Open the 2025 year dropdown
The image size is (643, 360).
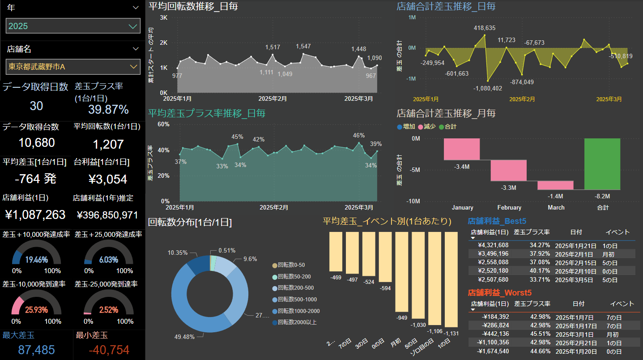coord(73,26)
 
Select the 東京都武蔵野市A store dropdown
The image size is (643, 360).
coord(73,67)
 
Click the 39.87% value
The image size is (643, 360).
coord(108,110)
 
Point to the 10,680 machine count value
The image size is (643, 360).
coord(37,143)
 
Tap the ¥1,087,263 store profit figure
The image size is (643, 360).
coord(35,215)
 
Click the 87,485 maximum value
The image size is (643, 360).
coord(35,350)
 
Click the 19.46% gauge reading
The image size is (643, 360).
coord(37,260)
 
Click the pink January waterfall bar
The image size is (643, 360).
coord(462,149)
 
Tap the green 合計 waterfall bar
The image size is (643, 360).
coord(602,164)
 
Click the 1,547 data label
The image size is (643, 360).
coord(303,47)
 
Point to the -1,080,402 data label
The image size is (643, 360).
coord(488,89)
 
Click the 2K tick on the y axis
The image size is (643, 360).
coord(163,43)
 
